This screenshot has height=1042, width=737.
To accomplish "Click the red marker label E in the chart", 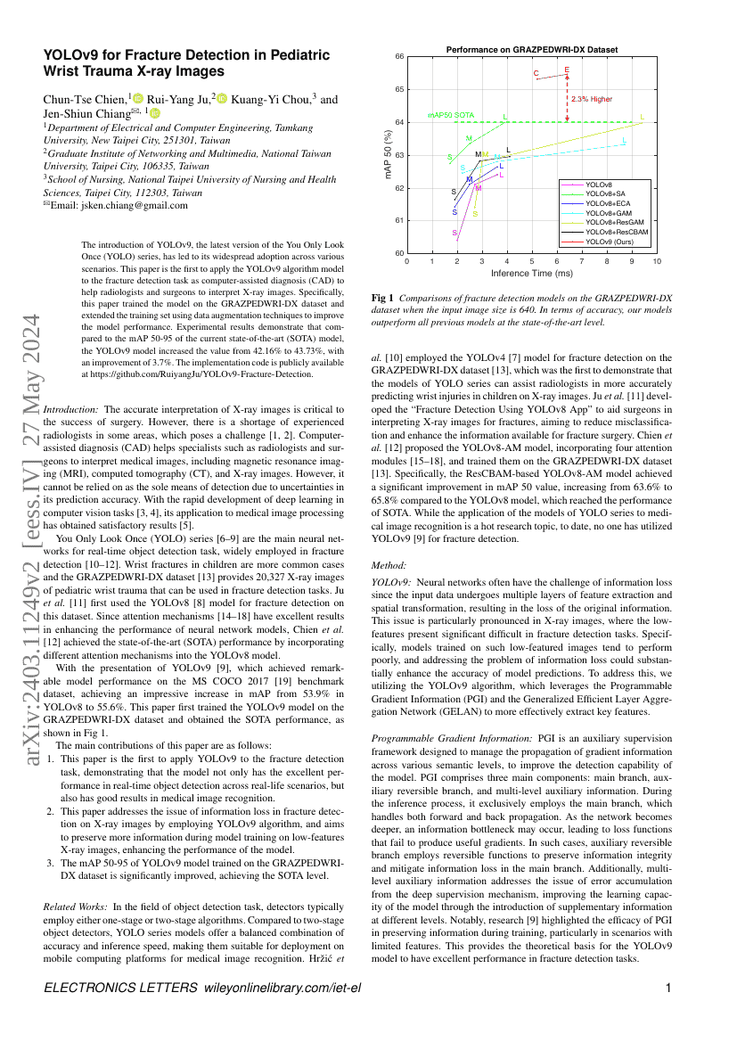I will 567,69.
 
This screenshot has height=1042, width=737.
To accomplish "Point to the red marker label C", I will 536,72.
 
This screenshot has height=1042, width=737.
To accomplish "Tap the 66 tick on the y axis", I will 398,56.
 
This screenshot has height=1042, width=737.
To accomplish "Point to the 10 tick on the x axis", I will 658,262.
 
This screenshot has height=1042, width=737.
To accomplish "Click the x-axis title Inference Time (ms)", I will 531,272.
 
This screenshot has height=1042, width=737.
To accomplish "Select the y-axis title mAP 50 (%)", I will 389,155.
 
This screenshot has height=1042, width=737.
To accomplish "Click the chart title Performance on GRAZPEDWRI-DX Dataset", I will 531,50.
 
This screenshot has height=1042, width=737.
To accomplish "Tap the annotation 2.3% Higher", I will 592,99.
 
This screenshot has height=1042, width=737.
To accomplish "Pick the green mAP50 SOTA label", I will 451,116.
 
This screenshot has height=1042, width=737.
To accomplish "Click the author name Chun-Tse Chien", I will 85,99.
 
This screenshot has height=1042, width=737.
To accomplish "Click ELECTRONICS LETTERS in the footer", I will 120,988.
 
